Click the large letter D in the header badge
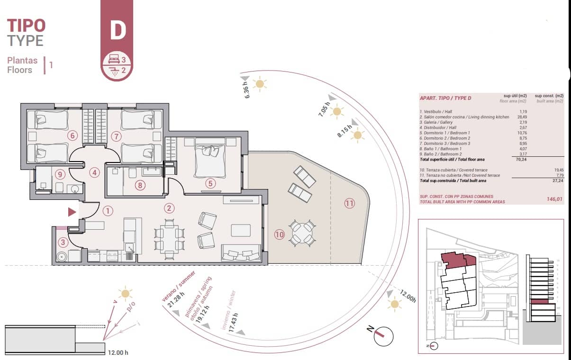coord(118,29)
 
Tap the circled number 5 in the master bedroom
coord(210,182)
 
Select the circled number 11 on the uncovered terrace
coord(349,204)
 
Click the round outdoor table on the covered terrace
coord(301,233)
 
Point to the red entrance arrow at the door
coord(72,212)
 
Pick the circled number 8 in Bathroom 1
coord(139,185)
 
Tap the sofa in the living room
coord(241,252)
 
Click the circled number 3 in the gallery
coord(63,243)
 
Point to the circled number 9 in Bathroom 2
coord(59,174)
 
